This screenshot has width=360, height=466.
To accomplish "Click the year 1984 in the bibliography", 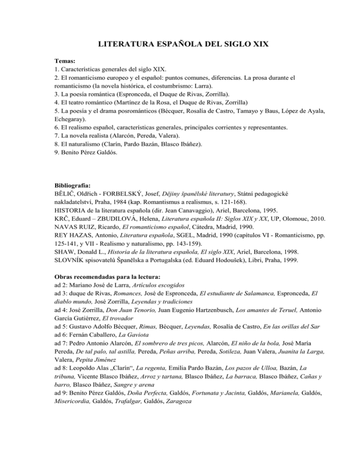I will [122, 197].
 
